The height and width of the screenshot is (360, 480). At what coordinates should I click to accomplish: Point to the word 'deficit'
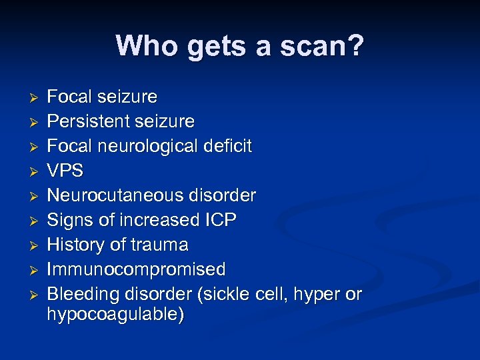pos(228,146)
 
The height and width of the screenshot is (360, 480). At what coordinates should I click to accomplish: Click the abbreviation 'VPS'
pos(65,171)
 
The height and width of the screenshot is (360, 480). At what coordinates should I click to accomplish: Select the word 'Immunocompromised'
pos(136,269)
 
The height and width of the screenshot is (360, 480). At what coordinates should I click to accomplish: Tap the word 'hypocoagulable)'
pos(115,315)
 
